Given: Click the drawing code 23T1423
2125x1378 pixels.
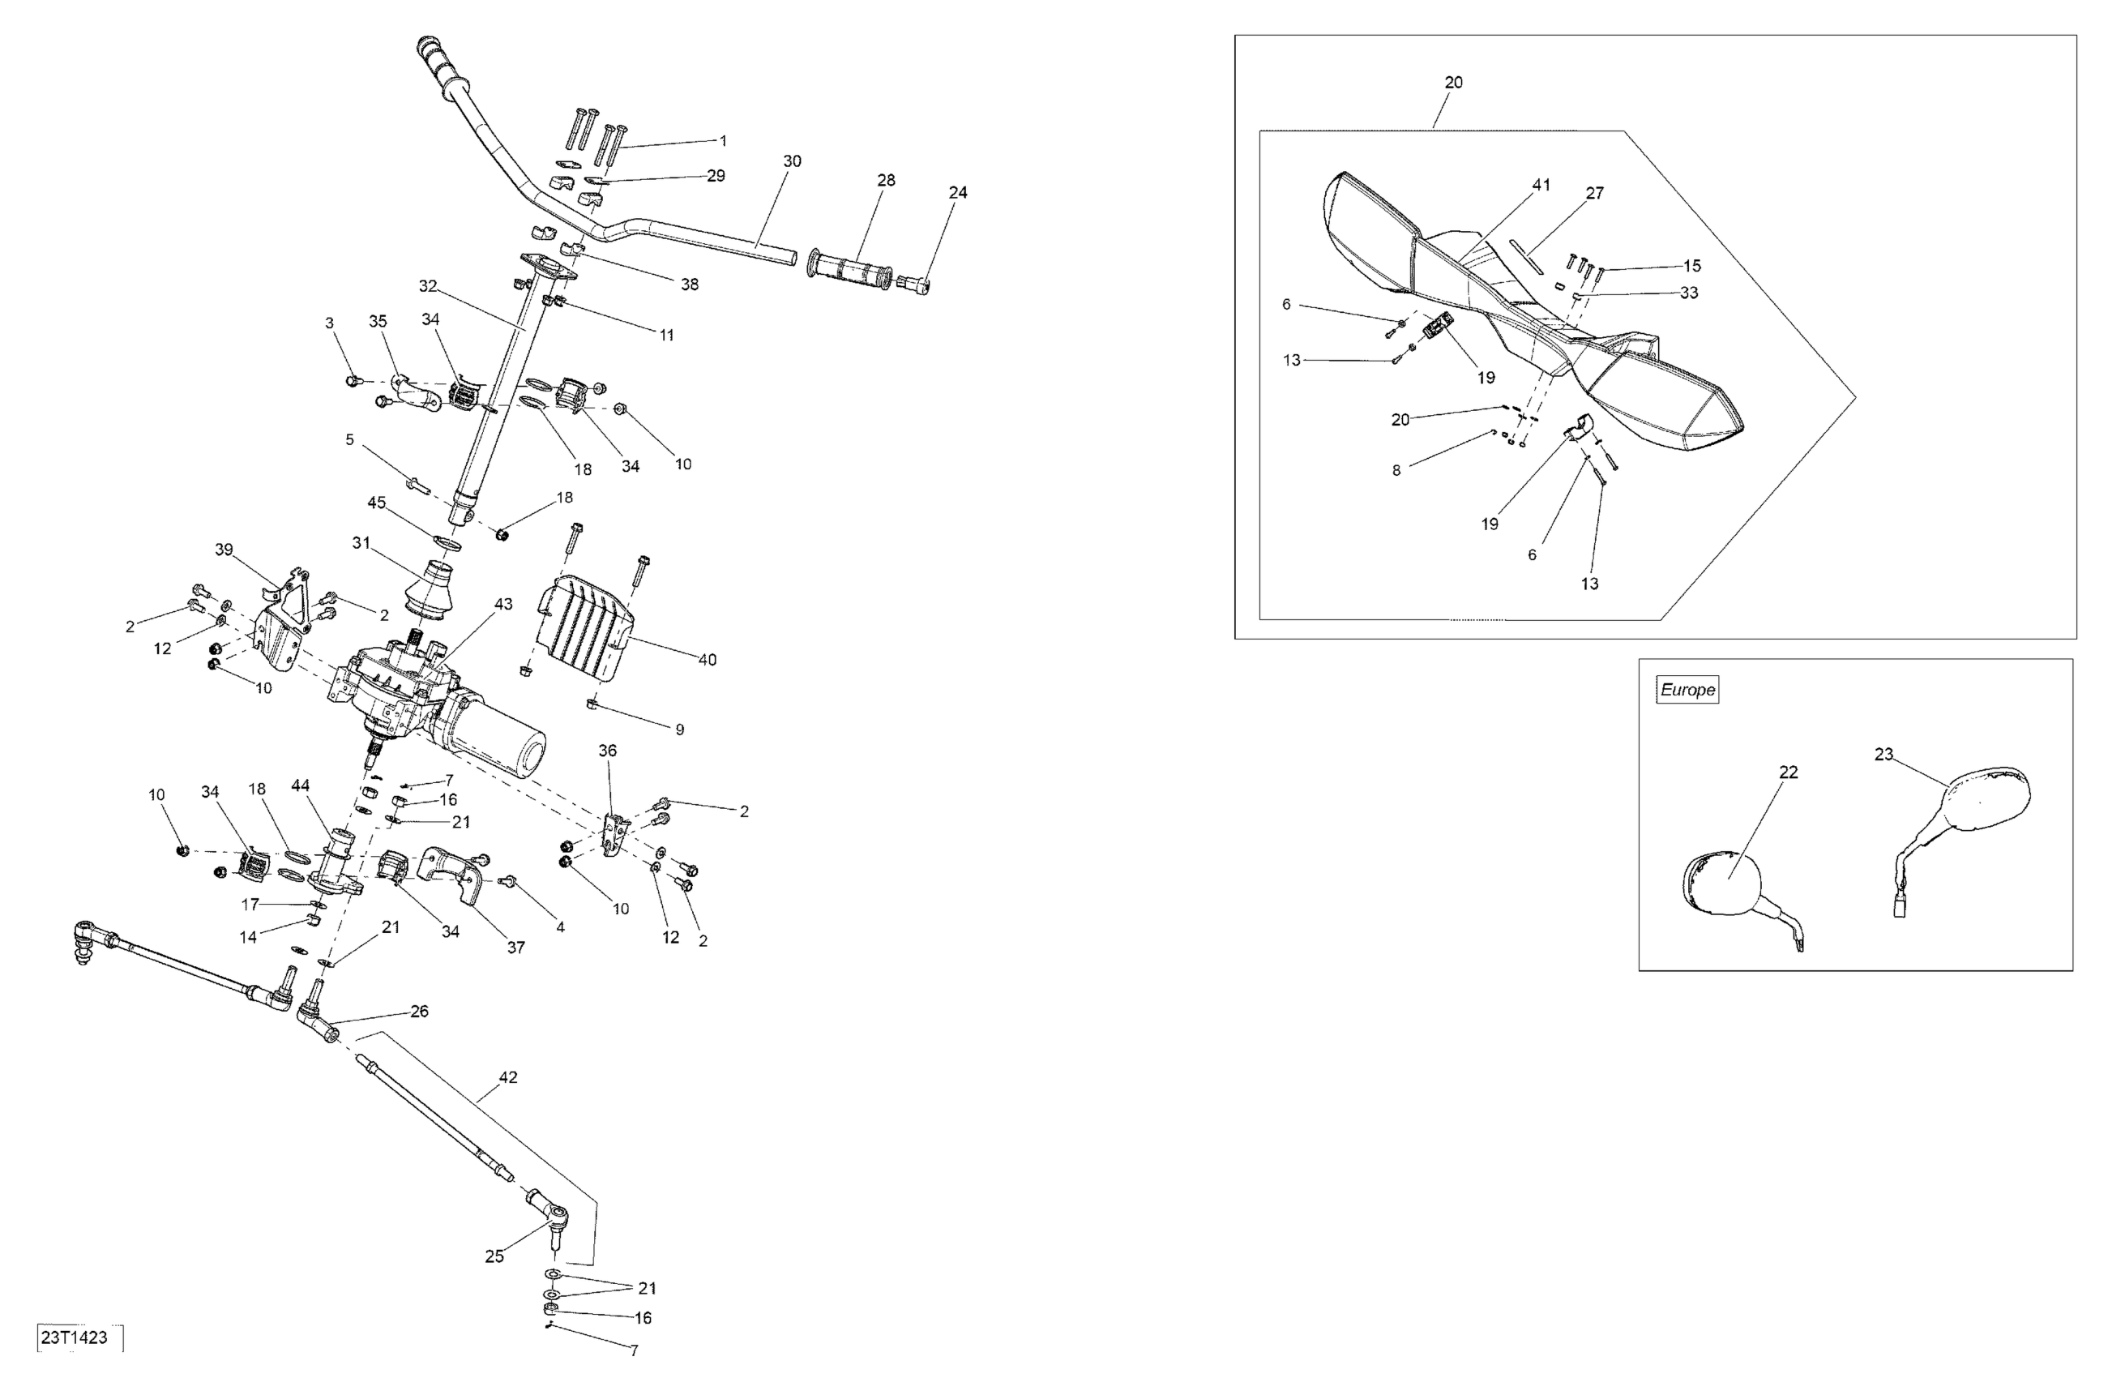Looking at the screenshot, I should [x=74, y=1337].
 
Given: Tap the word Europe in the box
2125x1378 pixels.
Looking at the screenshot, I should [x=1687, y=690].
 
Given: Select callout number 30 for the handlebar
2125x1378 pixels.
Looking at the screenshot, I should [x=792, y=161].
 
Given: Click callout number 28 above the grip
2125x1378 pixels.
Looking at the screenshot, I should [x=886, y=181].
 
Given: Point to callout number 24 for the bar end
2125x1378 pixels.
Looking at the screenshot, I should [x=957, y=193].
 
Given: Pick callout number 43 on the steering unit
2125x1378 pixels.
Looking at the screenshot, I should [x=503, y=605].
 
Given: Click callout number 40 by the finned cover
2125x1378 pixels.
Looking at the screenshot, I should [x=708, y=660].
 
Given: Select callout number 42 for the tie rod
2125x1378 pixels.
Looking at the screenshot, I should [x=508, y=1078].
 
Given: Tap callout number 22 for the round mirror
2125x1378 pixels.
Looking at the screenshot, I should [x=1789, y=772].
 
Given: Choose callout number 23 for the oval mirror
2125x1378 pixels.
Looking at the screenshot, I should [x=1884, y=755].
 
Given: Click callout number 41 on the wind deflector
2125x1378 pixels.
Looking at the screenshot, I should [x=1541, y=185].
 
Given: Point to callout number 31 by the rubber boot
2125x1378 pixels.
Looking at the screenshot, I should [x=361, y=543].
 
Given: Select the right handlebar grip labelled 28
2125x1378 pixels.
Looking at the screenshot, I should [x=852, y=270].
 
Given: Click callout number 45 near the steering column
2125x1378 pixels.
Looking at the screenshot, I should [x=377, y=503].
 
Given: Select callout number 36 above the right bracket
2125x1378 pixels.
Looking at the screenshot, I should [x=607, y=751].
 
